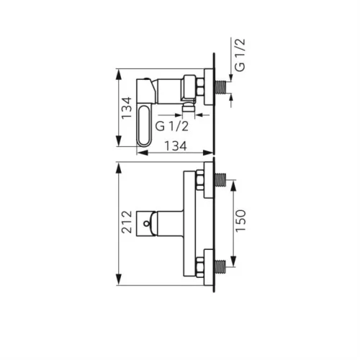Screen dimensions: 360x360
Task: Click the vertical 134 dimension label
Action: point(127,108)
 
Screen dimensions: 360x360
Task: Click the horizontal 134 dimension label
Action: point(176,146)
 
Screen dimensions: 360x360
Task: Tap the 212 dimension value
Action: point(127,222)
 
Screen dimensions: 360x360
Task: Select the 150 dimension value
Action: point(240,221)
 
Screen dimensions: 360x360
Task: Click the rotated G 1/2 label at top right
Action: point(240,55)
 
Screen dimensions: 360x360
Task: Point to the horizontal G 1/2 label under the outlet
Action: point(172,126)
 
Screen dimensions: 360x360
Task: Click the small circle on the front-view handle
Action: point(146,224)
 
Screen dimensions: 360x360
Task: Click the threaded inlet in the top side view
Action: point(221,87)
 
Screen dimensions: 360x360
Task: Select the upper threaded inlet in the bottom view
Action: point(220,179)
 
